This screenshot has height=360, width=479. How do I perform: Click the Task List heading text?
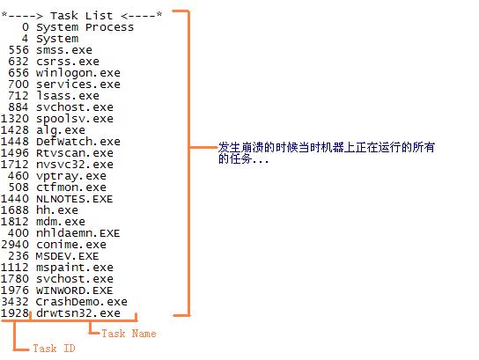[x=82, y=16]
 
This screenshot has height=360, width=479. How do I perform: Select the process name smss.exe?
[x=64, y=50]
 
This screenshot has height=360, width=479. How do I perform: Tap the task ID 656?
[x=18, y=73]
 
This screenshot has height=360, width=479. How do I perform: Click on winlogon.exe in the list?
[x=78, y=73]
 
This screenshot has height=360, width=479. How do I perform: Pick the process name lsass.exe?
[x=68, y=96]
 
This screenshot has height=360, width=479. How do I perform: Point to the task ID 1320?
[x=15, y=119]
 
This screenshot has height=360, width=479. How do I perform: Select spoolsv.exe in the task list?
[x=75, y=119]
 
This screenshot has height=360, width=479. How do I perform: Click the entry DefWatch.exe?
[x=78, y=142]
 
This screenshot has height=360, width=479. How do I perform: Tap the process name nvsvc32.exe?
[x=75, y=165]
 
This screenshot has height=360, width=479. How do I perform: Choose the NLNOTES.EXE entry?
[x=75, y=199]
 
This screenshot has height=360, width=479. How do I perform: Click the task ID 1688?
[x=15, y=210]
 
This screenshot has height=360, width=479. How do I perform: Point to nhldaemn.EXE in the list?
[x=77, y=233]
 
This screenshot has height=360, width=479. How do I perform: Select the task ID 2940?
[x=15, y=245]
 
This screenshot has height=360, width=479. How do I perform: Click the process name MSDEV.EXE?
[x=68, y=256]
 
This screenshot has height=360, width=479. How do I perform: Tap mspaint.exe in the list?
[x=75, y=268]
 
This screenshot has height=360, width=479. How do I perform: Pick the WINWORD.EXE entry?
[x=75, y=290]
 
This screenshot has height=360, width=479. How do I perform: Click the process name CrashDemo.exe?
[x=82, y=302]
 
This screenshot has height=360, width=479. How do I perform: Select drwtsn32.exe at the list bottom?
[x=78, y=313]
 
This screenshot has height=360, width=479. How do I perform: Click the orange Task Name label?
[x=129, y=334]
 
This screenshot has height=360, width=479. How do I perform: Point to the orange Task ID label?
[x=54, y=348]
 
